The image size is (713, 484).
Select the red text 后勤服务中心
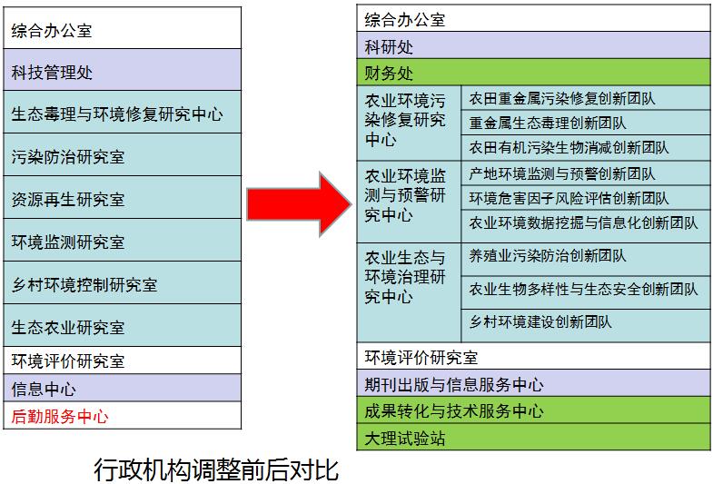tap(60, 417)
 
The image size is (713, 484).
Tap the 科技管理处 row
tap(123, 71)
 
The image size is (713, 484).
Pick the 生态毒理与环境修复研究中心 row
tap(123, 114)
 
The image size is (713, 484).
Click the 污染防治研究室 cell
tap(123, 157)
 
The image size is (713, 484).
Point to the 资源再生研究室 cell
tap(123, 199)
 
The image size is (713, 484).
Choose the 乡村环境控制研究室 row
tap(123, 284)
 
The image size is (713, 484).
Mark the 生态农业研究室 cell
tap(123, 327)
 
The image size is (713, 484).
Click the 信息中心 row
tap(123, 389)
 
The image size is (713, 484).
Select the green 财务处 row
tap(534, 73)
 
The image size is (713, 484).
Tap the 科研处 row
tap(534, 46)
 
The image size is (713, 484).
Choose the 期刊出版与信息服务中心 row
tap(534, 384)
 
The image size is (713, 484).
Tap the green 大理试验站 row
tap(534, 440)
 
